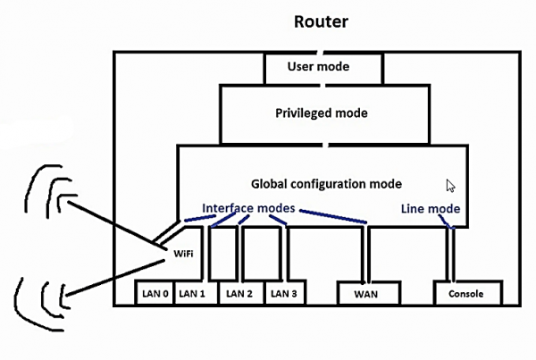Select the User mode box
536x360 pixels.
click(x=323, y=67)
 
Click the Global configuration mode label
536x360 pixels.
click(x=326, y=184)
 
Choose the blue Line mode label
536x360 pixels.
click(x=431, y=208)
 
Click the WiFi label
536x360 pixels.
click(x=183, y=254)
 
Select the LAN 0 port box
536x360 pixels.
click(x=153, y=293)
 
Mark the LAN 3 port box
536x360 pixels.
click(x=284, y=293)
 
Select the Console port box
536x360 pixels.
click(x=467, y=293)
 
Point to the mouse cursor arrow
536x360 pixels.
click(x=451, y=186)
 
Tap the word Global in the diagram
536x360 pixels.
click(x=269, y=184)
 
